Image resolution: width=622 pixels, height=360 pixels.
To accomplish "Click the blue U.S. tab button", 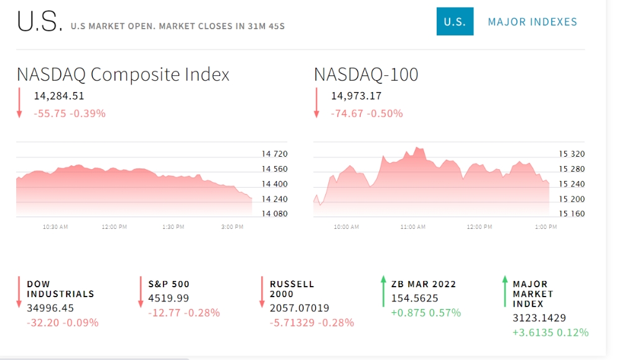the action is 455,21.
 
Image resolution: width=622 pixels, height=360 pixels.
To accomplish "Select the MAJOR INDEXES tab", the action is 532,22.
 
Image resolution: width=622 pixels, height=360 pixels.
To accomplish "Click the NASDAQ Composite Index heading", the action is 123,75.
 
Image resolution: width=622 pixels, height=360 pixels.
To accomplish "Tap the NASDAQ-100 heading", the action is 366,75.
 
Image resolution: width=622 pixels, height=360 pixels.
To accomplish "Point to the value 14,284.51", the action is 58,96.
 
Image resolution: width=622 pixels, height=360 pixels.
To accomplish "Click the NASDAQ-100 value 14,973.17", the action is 356,96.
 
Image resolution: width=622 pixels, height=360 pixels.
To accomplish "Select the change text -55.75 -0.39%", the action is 70,114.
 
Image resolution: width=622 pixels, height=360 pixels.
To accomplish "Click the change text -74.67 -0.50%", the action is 367,114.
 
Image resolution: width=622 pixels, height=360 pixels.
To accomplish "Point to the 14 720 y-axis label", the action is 274,154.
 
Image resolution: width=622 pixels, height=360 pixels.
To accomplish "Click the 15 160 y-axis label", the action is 572,214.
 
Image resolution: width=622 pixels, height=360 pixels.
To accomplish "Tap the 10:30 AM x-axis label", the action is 55,227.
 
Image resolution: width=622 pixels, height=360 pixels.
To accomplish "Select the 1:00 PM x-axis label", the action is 546,227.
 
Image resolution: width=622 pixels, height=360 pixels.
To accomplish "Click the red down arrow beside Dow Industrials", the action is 19,292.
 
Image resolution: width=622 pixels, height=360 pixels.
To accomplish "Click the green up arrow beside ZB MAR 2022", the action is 383,292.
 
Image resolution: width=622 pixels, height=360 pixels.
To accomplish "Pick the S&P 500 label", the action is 169,284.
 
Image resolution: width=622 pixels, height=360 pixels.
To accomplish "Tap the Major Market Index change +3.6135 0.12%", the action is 550,333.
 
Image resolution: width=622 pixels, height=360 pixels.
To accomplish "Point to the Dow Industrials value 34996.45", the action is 50,308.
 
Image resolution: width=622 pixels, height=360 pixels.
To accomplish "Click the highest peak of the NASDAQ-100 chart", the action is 417,147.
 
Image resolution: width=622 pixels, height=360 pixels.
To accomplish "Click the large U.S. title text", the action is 39,21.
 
